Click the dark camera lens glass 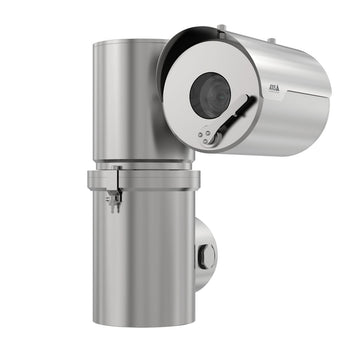coord(210,93)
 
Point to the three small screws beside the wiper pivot coord(204,134)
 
